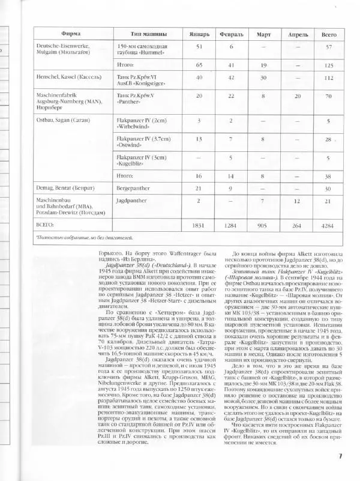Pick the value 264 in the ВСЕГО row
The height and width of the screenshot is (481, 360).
tap(298, 225)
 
